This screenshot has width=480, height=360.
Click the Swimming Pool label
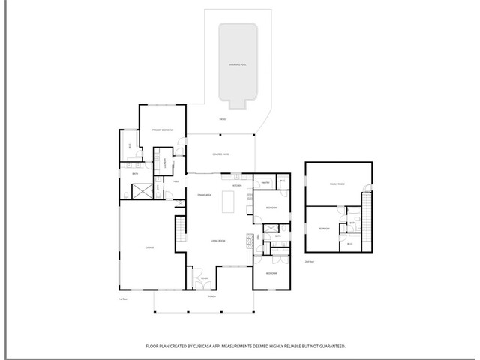238,65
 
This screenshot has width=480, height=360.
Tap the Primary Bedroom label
163,131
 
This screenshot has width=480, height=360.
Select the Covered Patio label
220,154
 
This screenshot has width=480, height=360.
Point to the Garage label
149,247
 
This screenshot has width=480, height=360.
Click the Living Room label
217,241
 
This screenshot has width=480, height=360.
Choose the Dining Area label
203,195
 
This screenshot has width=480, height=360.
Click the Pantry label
265,182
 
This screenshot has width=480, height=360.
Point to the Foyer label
203,278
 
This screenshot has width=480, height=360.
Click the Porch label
212,297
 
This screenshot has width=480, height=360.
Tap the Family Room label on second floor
337,184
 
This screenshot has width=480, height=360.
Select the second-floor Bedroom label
324,228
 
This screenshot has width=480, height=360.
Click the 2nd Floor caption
309,261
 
